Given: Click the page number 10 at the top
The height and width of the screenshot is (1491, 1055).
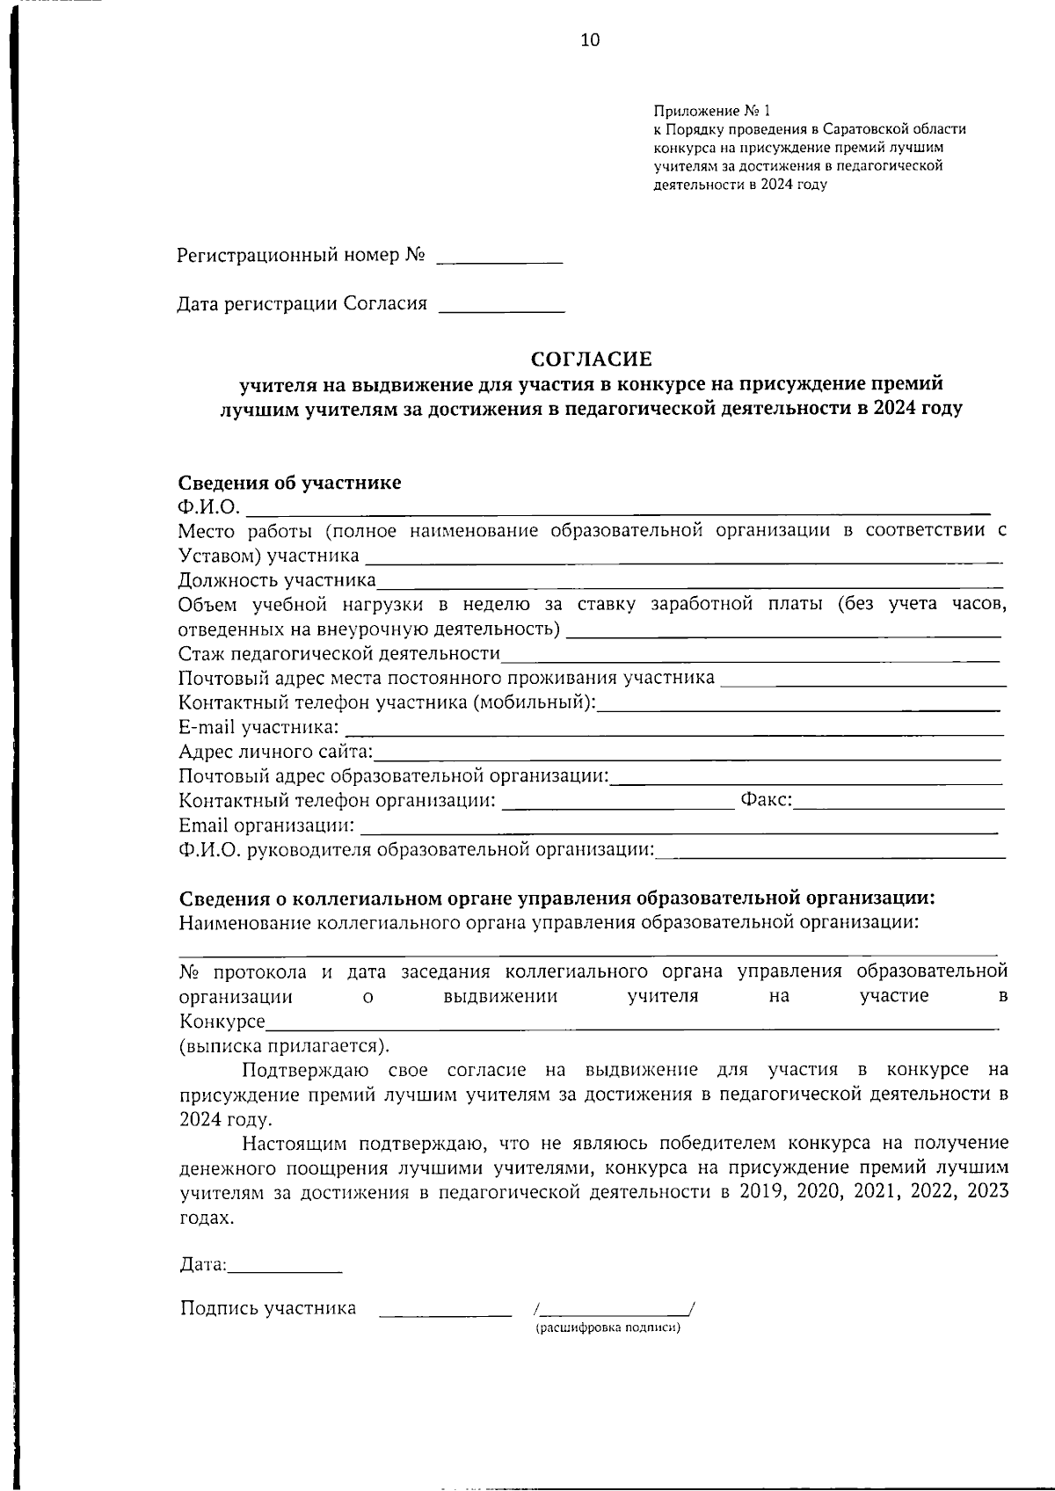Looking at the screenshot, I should [x=590, y=40].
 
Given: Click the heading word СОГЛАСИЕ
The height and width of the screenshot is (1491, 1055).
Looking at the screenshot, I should [x=592, y=359].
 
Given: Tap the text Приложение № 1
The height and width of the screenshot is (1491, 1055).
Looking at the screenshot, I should [x=711, y=112].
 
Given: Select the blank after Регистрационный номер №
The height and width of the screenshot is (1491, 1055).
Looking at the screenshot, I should [x=499, y=258].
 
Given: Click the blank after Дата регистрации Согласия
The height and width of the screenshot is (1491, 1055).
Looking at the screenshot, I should [x=501, y=307].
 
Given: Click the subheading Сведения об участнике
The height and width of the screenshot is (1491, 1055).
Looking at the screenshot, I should [x=290, y=483].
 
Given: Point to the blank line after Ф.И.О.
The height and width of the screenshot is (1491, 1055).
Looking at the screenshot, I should [x=615, y=507].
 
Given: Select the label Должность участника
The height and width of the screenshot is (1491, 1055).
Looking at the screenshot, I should [x=277, y=580].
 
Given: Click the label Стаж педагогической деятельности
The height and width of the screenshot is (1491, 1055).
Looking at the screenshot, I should [x=339, y=654].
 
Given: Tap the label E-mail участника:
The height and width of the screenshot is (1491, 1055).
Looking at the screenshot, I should [x=258, y=727].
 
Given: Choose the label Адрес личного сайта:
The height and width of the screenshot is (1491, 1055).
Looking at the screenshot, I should [x=276, y=752].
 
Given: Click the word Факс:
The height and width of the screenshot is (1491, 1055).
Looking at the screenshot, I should [x=767, y=800].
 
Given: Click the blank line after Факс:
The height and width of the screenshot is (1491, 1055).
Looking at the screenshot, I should [x=899, y=803].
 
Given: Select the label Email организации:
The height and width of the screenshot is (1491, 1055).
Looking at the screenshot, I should [x=267, y=826].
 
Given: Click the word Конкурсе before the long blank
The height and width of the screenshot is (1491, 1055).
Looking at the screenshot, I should [x=222, y=1022].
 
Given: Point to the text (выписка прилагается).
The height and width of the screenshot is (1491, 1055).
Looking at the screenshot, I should [x=284, y=1046].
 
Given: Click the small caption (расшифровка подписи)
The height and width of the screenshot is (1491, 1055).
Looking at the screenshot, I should [x=608, y=1327].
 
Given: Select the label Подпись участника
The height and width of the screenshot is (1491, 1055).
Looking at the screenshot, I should [x=268, y=1307].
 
